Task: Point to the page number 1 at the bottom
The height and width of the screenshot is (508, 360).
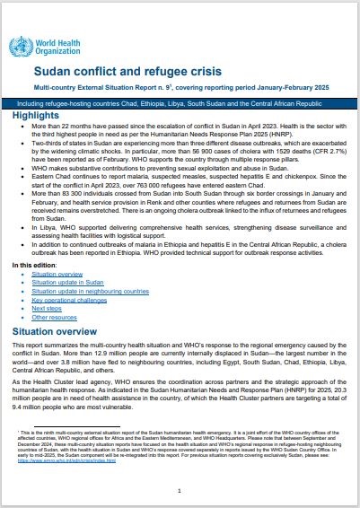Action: tap(180, 491)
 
